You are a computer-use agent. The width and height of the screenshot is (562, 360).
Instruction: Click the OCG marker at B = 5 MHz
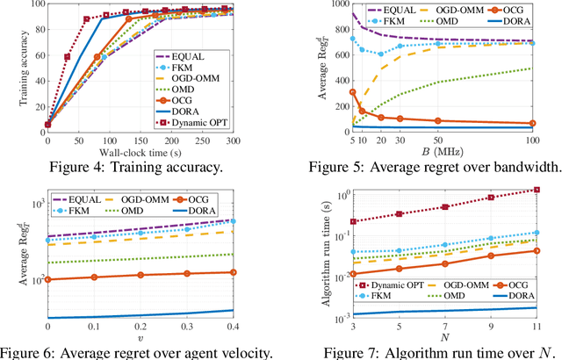[328, 91]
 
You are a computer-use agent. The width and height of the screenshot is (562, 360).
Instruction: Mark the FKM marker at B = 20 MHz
[356, 54]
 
